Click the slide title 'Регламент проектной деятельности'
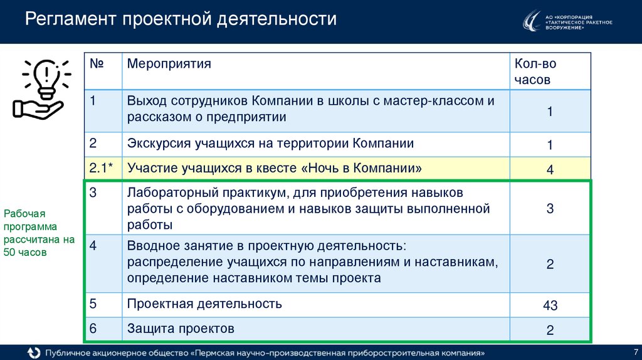[181, 19]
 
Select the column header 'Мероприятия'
[169, 64]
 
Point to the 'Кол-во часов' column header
[535, 71]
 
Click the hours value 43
[550, 305]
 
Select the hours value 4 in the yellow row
[550, 169]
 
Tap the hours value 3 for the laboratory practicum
[550, 209]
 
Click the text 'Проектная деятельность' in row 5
[204, 304]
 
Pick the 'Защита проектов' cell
[181, 328]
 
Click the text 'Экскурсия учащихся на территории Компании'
[270, 144]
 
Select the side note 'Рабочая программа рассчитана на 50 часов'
[39, 233]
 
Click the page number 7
[636, 351]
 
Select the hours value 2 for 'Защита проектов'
[550, 330]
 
